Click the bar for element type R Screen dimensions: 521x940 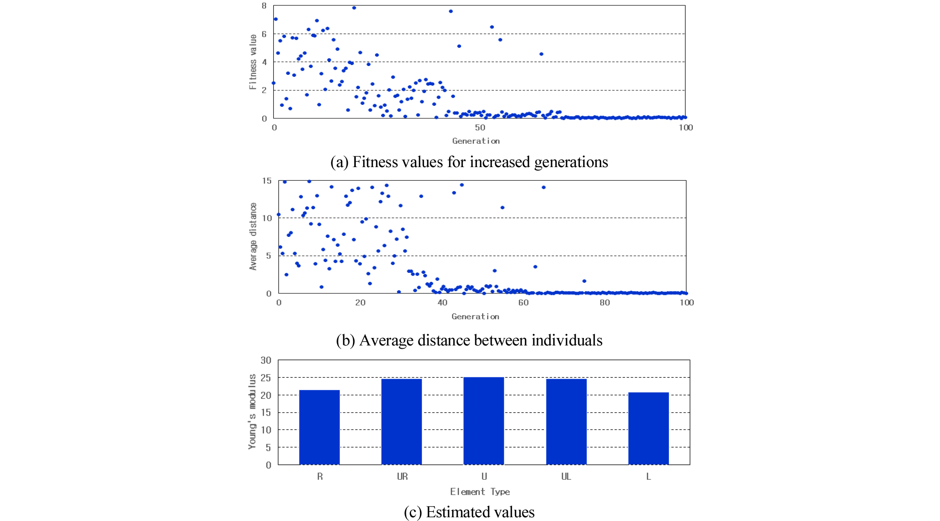319,427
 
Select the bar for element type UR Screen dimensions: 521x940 402,421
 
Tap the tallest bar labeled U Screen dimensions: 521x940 484,420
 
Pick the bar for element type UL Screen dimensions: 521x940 566,421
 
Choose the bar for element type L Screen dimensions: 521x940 648,428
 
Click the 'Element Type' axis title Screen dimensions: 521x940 480,492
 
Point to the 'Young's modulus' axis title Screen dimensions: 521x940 252,411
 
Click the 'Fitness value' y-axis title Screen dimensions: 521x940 253,62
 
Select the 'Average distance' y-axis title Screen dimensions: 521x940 253,236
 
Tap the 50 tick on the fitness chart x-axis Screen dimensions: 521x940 480,127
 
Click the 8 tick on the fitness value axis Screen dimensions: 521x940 264,6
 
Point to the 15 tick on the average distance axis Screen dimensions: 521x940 266,181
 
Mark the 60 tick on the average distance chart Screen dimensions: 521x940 523,302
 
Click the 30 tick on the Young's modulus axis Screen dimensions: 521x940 266,360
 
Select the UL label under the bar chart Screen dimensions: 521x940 566,477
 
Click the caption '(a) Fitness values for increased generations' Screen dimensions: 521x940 469,162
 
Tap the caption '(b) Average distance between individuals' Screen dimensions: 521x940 469,340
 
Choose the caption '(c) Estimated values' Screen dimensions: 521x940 469,512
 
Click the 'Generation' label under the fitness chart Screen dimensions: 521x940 476,141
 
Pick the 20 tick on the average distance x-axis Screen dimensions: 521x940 360,302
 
